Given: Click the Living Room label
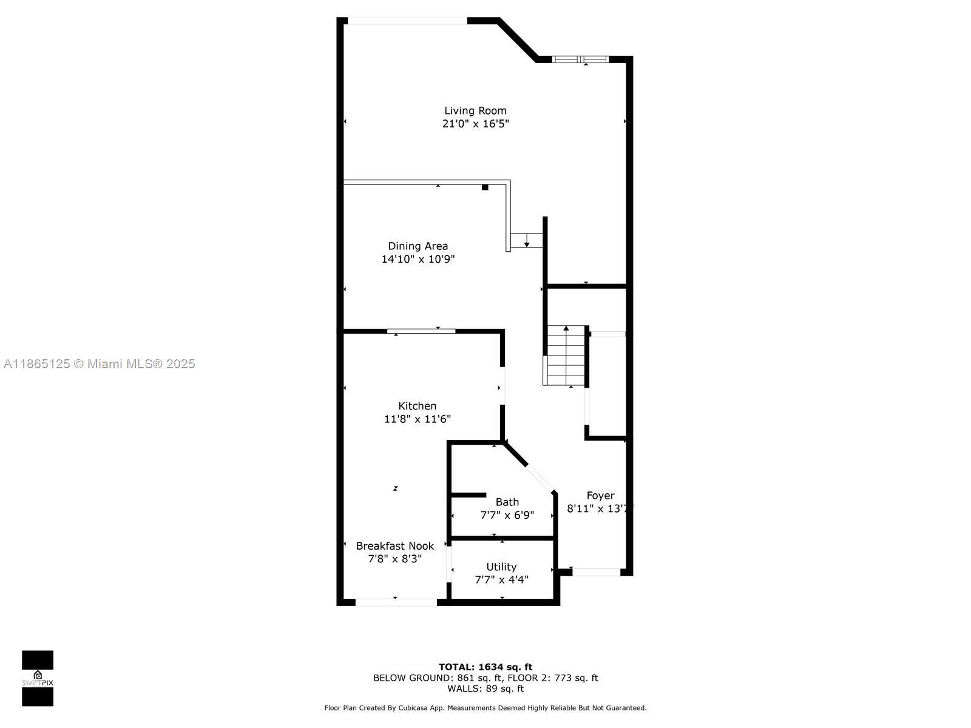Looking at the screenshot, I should [475, 110].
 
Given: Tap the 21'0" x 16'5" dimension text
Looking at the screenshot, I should [475, 124].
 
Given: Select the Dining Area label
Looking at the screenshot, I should [418, 246].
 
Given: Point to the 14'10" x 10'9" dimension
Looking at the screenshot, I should [418, 259].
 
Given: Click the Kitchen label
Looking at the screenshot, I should [417, 406].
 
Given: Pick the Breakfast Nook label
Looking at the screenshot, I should [394, 546].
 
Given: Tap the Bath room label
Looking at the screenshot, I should [507, 502].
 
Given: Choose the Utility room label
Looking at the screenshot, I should [501, 567].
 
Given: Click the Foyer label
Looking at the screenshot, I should [600, 496].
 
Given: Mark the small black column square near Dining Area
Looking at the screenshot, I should [485, 187].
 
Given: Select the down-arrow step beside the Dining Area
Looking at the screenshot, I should [526, 240].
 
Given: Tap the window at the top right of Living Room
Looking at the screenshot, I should [580, 59].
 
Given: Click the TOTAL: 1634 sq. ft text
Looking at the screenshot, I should [486, 667].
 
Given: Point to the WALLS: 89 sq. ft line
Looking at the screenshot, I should [486, 689].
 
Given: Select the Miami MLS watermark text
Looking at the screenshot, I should [99, 364].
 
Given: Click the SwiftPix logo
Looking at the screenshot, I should [38, 678].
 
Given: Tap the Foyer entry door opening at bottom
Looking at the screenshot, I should [596, 571].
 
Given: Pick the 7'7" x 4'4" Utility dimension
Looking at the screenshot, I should [501, 579].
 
